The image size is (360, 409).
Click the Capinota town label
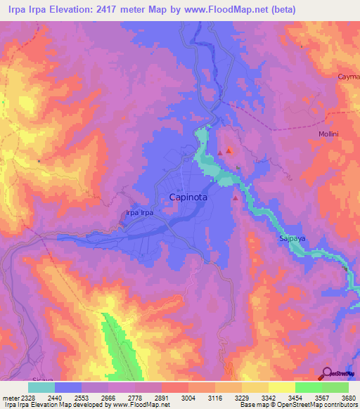pos(189,198)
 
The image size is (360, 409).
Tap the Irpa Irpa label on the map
pos(139,212)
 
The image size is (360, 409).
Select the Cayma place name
pos(348,76)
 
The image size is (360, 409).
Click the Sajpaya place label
pos(287,240)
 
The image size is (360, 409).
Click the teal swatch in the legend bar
pos(41,387)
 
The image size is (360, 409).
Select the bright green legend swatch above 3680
pos(335,387)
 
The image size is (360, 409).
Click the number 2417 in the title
pos(115,9)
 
